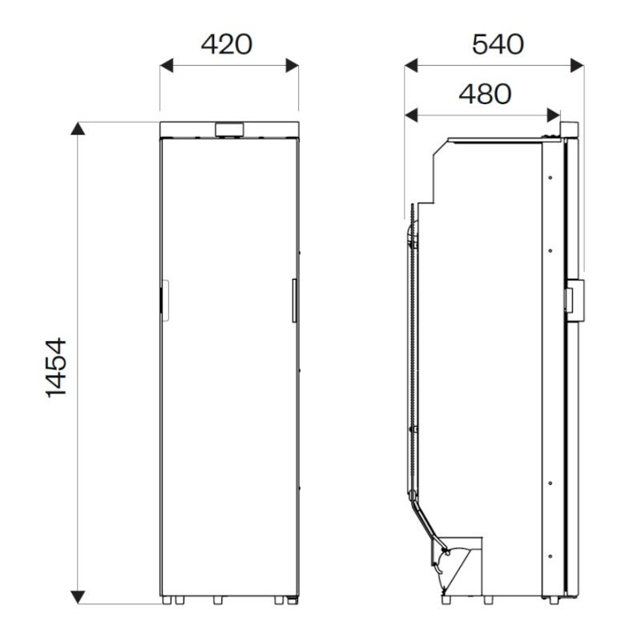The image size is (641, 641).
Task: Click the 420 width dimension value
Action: coord(227,44)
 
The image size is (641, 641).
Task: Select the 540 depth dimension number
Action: coord(498,44)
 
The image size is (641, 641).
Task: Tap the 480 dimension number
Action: coord(485,94)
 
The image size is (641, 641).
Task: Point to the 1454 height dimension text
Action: coord(55,367)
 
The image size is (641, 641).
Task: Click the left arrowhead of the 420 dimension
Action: coord(167,66)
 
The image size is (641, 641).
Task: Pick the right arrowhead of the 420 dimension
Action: coord(292,66)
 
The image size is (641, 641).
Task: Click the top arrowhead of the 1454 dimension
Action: coord(78,128)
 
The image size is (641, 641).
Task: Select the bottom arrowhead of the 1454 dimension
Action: coord(78,597)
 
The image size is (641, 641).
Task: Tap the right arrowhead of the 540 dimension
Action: coord(577,66)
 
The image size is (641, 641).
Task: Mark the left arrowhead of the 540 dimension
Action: coord(411,66)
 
